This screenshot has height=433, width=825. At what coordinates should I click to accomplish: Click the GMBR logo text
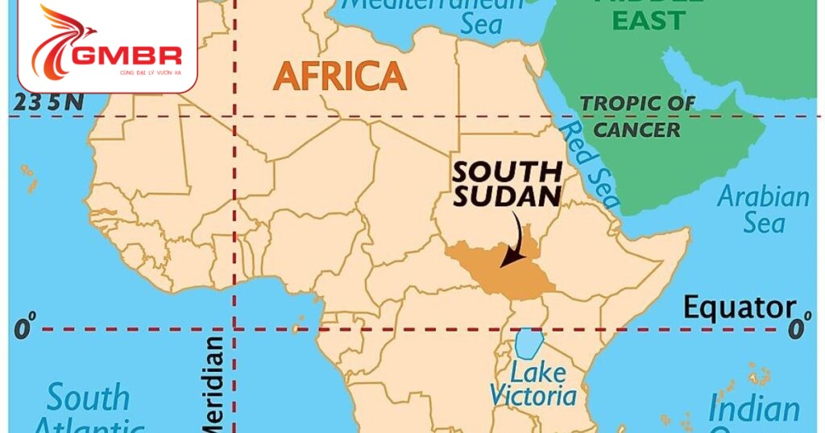click(x=127, y=56)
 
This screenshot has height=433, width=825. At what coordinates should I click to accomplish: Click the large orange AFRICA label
click(x=339, y=76)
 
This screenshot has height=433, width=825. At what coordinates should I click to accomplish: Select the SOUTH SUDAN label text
click(x=506, y=184)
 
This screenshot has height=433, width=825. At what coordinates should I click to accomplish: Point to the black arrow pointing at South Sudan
click(x=513, y=241)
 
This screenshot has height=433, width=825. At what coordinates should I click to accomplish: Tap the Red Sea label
click(x=591, y=165)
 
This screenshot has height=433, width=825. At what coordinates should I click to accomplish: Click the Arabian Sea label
click(x=762, y=208)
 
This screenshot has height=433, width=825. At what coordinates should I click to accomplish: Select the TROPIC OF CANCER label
click(x=638, y=116)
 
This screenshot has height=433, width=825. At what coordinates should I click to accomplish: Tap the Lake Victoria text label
click(x=533, y=385)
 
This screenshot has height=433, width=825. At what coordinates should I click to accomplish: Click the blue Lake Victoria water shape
click(x=528, y=344)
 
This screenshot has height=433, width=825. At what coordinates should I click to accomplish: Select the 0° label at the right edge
click(x=798, y=328)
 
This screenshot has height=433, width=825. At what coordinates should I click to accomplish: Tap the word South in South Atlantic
click(x=87, y=398)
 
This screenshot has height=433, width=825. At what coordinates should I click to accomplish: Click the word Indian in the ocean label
click(x=754, y=408)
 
